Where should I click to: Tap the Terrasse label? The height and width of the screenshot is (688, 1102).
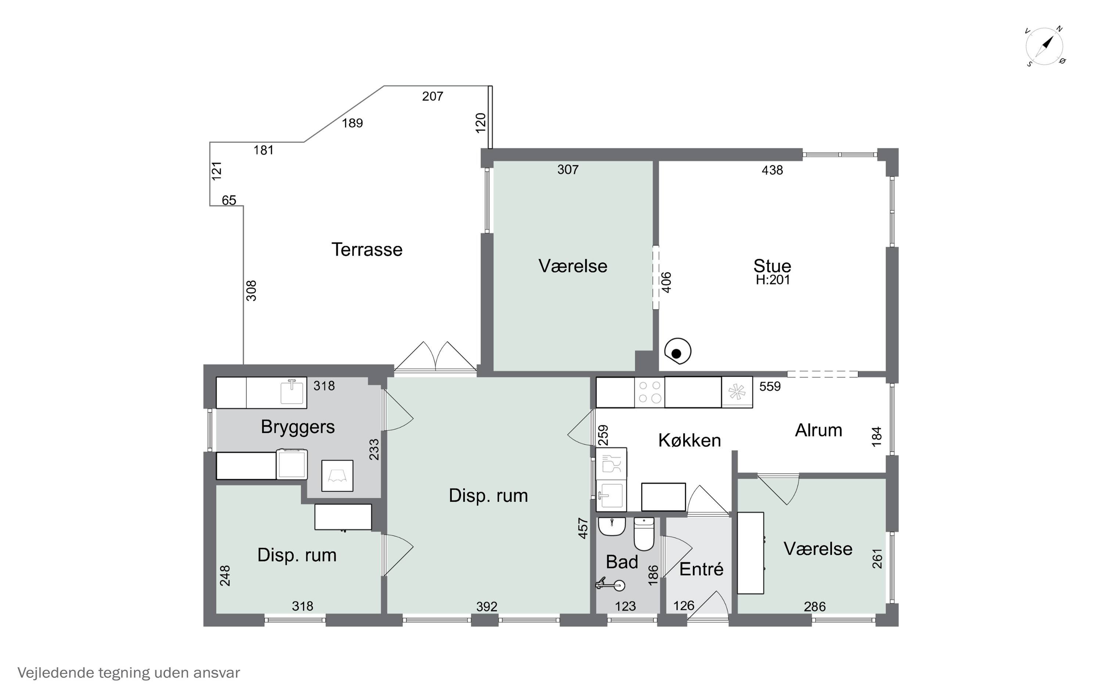point(367,250)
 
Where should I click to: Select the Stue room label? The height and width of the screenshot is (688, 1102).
point(772,266)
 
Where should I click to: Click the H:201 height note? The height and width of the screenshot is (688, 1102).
point(773,280)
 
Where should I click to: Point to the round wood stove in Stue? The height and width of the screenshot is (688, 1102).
point(678,352)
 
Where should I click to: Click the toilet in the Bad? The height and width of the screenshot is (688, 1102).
point(644,534)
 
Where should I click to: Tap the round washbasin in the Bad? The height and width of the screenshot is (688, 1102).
point(612,527)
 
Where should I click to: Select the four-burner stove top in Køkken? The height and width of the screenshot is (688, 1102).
point(650,392)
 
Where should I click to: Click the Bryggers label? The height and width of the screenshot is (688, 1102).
point(298,427)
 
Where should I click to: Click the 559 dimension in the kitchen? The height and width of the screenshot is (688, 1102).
point(770,386)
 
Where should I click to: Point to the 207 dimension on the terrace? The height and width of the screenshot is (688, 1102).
point(433,97)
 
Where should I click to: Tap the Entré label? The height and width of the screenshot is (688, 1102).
point(701,569)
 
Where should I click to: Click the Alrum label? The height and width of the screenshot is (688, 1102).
point(819,430)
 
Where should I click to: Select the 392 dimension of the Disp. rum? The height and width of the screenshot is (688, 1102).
point(487,607)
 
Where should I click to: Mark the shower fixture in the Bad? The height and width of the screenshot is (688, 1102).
point(610,584)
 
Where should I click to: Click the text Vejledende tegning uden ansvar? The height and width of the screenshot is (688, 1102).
point(129,673)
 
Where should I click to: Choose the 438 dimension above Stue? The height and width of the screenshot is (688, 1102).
point(772,170)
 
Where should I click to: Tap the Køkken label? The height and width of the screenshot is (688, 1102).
point(690,440)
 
